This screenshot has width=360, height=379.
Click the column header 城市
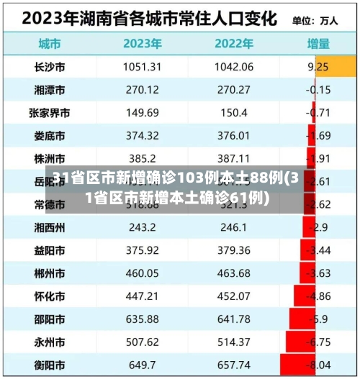(x=49, y=43)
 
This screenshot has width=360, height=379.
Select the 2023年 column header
(x=142, y=43)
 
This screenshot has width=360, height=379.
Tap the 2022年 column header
(x=233, y=43)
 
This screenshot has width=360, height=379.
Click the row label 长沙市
(x=49, y=68)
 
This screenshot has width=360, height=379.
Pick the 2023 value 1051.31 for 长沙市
(x=142, y=68)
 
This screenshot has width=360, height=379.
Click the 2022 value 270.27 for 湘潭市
(x=233, y=90)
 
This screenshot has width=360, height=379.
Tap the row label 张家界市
(x=49, y=113)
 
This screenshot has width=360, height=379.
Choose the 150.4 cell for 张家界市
(x=233, y=113)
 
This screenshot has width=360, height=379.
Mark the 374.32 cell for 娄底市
(x=142, y=136)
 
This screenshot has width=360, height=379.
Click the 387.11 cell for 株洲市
(x=233, y=158)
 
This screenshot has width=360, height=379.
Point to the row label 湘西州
(x=49, y=228)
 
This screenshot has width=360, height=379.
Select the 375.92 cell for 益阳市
(x=142, y=251)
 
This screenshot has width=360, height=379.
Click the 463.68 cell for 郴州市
(x=233, y=274)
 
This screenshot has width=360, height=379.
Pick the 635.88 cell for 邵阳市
(x=142, y=319)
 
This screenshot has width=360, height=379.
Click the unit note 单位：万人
(x=315, y=19)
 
